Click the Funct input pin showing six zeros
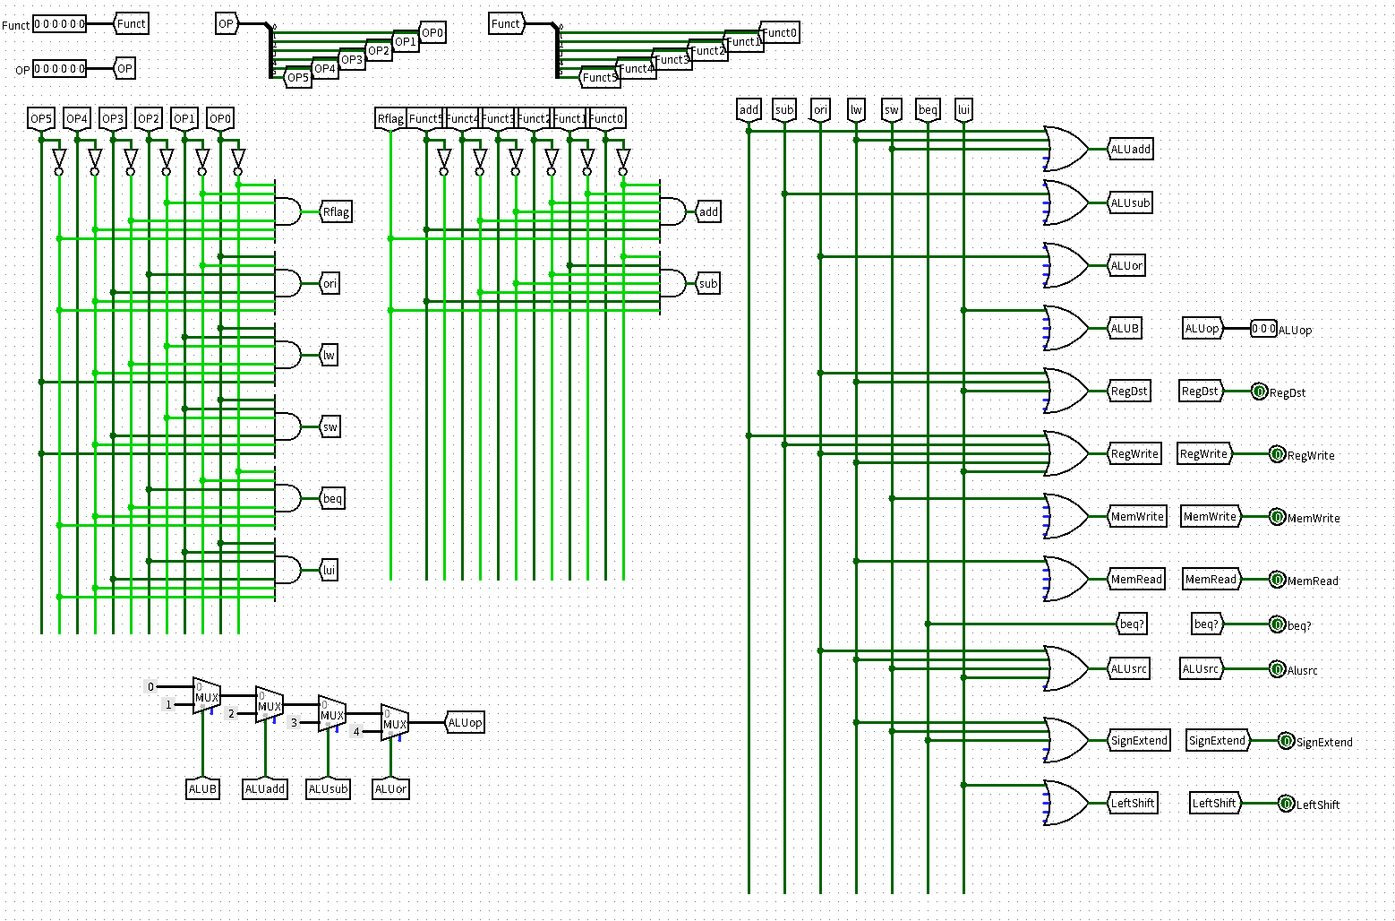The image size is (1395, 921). click(59, 24)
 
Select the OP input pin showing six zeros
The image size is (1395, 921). click(59, 69)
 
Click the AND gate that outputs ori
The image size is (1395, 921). click(287, 283)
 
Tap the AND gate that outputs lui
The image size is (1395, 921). click(287, 570)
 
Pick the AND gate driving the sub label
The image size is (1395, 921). click(672, 283)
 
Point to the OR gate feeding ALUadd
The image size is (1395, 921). click(1066, 149)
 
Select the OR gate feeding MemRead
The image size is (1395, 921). click(1066, 579)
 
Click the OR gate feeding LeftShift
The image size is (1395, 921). click(1066, 804)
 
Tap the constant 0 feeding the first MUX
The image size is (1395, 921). click(150, 686)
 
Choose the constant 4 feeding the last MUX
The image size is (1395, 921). click(356, 732)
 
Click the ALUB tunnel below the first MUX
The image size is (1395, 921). click(203, 789)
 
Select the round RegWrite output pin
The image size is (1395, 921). click(1277, 454)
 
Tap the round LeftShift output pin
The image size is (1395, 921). click(1286, 804)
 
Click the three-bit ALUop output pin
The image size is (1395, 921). click(1263, 329)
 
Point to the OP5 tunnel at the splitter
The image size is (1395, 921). click(298, 78)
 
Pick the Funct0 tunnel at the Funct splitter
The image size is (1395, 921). click(779, 33)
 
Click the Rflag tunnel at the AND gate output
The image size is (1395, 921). click(336, 211)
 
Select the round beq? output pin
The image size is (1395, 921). click(1277, 624)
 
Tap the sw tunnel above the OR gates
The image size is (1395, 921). click(892, 110)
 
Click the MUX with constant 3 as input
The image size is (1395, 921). click(332, 714)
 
